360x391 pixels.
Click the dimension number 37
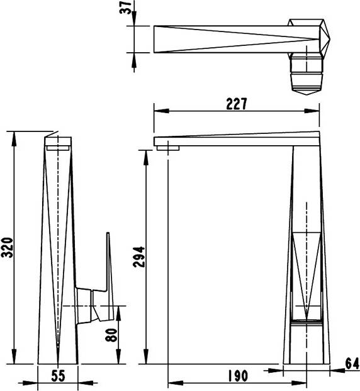click(127, 8)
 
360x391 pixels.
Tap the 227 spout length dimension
click(237, 104)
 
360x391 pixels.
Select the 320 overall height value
click(8, 248)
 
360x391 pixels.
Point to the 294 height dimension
click(139, 257)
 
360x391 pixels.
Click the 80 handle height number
click(111, 335)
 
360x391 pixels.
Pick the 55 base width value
click(58, 376)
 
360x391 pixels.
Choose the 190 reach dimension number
click(238, 376)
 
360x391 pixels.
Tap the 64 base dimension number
click(352, 363)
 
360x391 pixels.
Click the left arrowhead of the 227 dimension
click(161, 111)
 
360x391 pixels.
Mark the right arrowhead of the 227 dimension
click(312, 111)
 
